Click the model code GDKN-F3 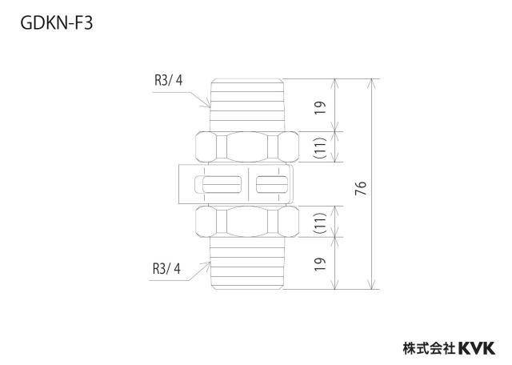tap(57, 23)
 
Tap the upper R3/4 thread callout tap(169, 80)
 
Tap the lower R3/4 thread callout tap(166, 269)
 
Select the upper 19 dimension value tap(320, 107)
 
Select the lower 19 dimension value tap(320, 263)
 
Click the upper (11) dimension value tap(320, 146)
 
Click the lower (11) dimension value tap(320, 223)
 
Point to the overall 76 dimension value tap(361, 188)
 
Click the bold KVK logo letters tap(477, 348)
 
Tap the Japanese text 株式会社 tap(429, 348)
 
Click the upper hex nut tap(247, 146)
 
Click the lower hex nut tap(247, 222)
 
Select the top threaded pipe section tap(247, 105)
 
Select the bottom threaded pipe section tap(247, 263)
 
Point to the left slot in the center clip tap(222, 185)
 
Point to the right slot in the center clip tap(272, 185)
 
